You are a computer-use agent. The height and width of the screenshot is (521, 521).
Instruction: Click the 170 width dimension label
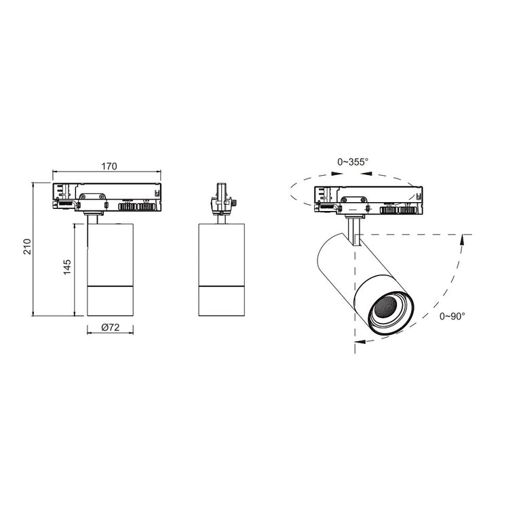(x=109, y=166)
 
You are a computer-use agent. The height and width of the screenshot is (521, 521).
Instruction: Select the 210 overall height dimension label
(x=27, y=246)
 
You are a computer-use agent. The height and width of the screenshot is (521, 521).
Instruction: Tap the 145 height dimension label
(x=67, y=267)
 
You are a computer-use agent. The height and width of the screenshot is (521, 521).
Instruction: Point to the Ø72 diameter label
(x=111, y=327)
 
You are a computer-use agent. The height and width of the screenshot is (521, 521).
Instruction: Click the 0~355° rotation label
(x=353, y=162)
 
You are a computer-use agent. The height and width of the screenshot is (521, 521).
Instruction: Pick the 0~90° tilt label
(x=452, y=316)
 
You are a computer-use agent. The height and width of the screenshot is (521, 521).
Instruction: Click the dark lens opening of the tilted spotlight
(x=385, y=306)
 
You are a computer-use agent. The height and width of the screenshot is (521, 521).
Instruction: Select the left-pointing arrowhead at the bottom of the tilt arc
(x=360, y=341)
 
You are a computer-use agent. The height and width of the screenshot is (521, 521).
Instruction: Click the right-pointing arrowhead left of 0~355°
(x=337, y=173)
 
